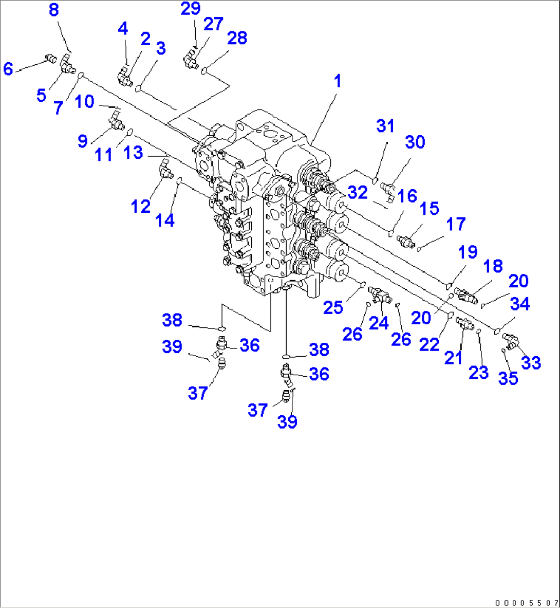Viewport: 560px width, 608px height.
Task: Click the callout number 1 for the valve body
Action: click(337, 81)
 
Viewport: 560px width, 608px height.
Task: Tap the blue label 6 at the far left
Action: click(8, 68)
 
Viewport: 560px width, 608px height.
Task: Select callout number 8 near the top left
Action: click(54, 10)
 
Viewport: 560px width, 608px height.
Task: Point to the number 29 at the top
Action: click(190, 9)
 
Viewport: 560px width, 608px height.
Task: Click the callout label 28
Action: click(237, 38)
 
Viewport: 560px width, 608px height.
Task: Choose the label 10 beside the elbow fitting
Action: click(84, 102)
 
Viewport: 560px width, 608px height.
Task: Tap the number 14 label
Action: click(165, 220)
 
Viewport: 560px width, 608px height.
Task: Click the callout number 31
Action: click(385, 126)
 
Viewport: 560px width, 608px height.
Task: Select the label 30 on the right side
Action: click(415, 142)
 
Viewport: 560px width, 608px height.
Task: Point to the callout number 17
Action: click(456, 224)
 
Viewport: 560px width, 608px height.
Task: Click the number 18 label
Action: click(493, 266)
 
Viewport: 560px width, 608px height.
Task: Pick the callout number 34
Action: click(519, 304)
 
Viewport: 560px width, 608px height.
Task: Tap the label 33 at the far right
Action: click(531, 363)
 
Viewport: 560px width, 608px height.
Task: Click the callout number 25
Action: click(333, 307)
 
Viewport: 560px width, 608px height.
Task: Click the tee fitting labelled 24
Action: click(380, 294)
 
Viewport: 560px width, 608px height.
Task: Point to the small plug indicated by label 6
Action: click(50, 58)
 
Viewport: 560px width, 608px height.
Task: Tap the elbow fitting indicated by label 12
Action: click(164, 170)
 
